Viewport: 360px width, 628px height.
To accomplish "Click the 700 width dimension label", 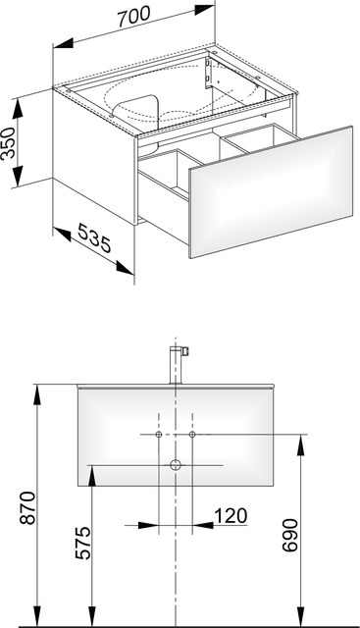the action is [134, 17].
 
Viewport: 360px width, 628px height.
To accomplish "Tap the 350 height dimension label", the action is [9, 142].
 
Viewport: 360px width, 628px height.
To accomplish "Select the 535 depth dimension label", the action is [94, 237].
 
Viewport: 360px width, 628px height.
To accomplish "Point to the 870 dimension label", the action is [28, 508].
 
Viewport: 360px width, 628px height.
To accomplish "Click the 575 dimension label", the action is [83, 543].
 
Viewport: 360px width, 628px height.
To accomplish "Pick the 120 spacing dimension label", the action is [231, 516].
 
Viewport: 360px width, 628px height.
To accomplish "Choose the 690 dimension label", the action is [290, 535].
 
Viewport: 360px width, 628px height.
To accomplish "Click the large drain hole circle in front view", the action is [176, 465].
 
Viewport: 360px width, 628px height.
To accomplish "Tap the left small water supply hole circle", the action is [159, 435].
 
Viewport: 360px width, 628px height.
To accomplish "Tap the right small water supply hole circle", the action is [192, 435].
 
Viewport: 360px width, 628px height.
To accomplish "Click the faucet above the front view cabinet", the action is [178, 365].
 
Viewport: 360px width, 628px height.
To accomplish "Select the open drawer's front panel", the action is [271, 192].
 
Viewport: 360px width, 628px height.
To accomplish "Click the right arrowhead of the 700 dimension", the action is [204, 9].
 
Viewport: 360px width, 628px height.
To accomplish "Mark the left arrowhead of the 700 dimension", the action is [64, 43].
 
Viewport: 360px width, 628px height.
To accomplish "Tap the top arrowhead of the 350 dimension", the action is [18, 109].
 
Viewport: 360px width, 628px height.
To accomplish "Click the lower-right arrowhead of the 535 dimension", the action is [125, 268].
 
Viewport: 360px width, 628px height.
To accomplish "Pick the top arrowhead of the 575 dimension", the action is [92, 476].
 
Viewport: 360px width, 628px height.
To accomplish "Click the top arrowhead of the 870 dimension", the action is [37, 395].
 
